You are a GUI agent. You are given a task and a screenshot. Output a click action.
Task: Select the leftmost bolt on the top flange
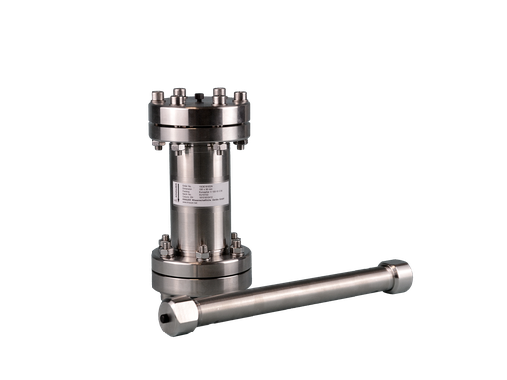[x=158, y=96]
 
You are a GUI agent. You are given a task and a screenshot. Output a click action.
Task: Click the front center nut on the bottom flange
[x=201, y=252]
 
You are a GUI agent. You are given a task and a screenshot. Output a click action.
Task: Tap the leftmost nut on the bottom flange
[x=160, y=245]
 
